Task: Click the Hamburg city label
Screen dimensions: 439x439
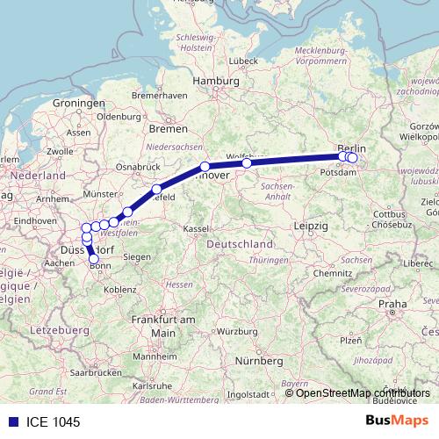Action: (x=216, y=81)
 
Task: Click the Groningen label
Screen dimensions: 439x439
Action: (x=78, y=103)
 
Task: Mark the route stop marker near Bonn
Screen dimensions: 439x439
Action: (x=94, y=259)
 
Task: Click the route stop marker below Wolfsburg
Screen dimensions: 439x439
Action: (x=247, y=162)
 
